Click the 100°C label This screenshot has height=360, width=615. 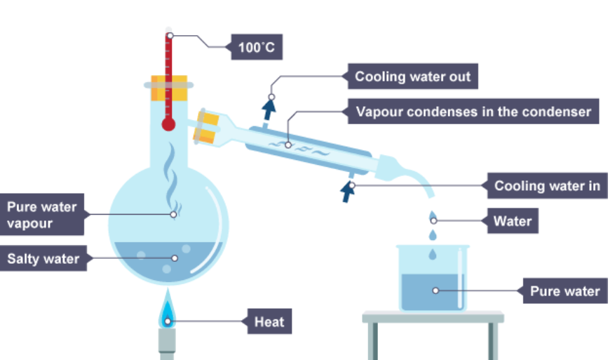[257, 47]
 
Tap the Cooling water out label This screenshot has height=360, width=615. [412, 76]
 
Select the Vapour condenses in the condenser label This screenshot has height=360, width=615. [473, 112]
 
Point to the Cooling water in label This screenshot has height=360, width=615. [547, 186]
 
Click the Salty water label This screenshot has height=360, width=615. [43, 258]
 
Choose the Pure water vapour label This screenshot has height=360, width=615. [42, 214]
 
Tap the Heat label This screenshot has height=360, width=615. [269, 321]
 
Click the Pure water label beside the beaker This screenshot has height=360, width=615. [565, 291]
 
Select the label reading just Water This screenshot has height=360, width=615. [513, 221]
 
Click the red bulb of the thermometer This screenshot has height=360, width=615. [169, 124]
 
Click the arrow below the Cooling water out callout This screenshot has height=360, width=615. [269, 109]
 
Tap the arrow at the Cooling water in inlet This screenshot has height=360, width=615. [347, 192]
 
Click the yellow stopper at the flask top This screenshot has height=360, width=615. [169, 88]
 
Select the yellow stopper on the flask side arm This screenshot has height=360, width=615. [206, 127]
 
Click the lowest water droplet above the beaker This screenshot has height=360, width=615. [433, 254]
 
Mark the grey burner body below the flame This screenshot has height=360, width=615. [167, 345]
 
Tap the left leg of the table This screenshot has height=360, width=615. [374, 341]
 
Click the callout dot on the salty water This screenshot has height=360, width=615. [175, 258]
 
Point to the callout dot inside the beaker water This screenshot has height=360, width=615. [435, 291]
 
